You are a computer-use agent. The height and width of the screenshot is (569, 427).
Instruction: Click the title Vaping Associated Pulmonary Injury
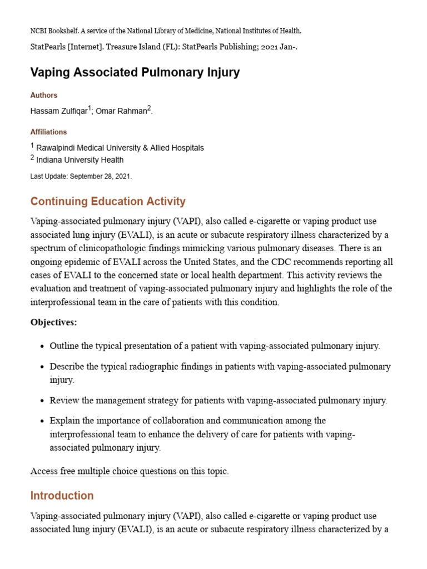[135, 73]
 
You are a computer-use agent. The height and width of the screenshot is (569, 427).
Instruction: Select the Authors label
[44, 95]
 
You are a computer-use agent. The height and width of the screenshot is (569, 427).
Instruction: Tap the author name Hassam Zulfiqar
[58, 111]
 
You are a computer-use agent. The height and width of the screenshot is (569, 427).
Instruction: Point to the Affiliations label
[48, 132]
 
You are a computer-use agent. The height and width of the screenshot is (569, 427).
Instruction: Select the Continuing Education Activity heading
[108, 201]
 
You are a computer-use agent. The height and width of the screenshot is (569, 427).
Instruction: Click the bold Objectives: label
[53, 322]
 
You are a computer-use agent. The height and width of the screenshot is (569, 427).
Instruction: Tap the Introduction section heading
[62, 495]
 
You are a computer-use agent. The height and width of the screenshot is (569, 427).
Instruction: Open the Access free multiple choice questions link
[130, 471]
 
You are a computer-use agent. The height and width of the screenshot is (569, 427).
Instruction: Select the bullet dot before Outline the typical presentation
[42, 346]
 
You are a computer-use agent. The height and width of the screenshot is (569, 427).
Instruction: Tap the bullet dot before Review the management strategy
[42, 401]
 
